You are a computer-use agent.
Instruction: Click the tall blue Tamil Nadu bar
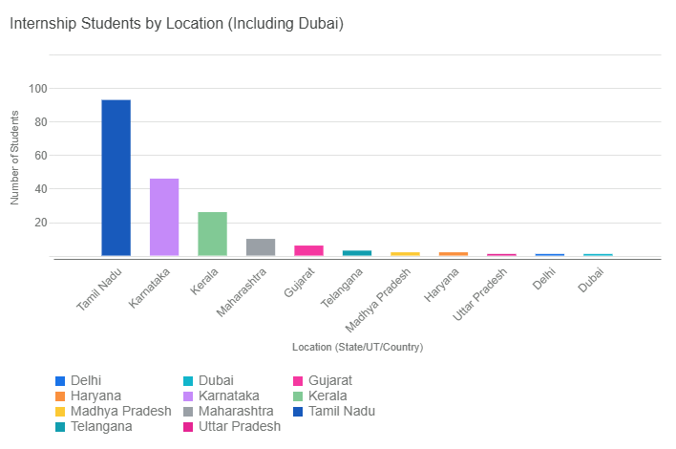pos(116,178)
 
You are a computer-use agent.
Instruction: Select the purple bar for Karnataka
pos(164,217)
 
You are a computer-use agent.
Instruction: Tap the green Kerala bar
pos(212,234)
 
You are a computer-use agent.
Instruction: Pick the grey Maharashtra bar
pos(261,247)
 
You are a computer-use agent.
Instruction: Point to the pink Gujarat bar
pos(308,251)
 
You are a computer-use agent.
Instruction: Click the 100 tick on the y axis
pos(38,89)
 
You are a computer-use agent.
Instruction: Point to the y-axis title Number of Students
pos(15,159)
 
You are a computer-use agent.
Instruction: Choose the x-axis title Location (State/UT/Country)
pos(357,347)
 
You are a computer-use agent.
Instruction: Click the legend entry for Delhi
pos(86,380)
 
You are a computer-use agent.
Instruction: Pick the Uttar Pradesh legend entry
pos(239,426)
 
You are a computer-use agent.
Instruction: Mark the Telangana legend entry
pos(100,426)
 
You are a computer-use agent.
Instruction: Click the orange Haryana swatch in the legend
pos(60,396)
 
